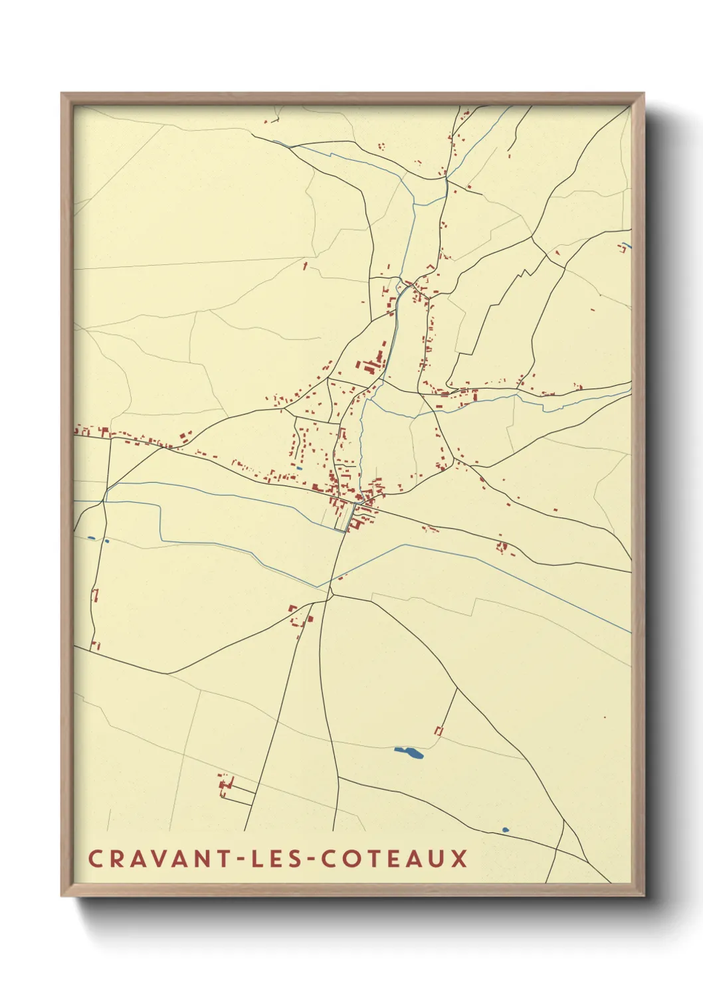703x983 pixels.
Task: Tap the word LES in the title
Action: click(x=272, y=858)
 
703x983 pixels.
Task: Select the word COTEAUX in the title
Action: click(x=395, y=858)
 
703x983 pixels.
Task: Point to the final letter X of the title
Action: click(x=458, y=858)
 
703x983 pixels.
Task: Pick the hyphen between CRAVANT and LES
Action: click(x=233, y=859)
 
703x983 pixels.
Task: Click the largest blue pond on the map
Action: click(x=409, y=753)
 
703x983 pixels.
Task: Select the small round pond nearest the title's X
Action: click(x=505, y=830)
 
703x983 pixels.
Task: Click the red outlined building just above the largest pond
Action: click(x=439, y=731)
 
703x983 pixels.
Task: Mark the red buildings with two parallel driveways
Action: click(x=226, y=785)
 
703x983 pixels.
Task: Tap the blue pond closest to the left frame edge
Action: click(x=91, y=537)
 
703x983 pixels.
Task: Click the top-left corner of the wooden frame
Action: click(x=62, y=94)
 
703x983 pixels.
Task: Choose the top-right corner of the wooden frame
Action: click(x=643, y=94)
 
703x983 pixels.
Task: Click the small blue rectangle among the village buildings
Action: click(x=300, y=468)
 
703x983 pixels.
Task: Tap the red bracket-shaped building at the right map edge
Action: click(x=623, y=248)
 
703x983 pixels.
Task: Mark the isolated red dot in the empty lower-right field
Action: click(x=605, y=717)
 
